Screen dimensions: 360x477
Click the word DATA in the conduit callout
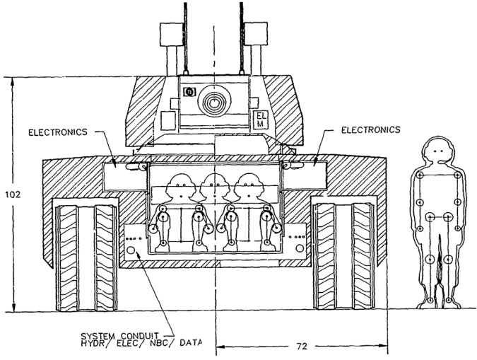coord(190,343)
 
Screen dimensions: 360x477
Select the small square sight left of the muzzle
coord(189,93)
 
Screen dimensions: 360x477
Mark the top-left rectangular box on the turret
coord(170,33)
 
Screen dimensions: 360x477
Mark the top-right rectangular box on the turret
coord(256,33)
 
